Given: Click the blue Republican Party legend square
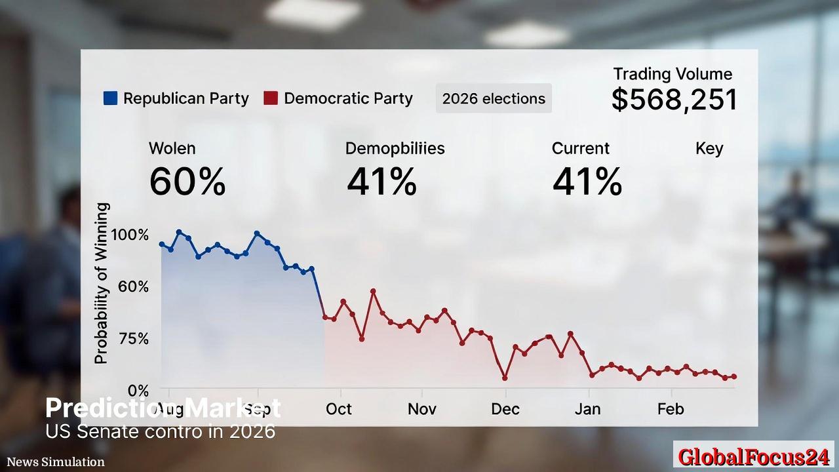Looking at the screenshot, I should click(110, 98).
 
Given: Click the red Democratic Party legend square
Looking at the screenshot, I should click(271, 98).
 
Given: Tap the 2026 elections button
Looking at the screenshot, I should click(494, 98).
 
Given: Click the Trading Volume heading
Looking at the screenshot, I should click(673, 74).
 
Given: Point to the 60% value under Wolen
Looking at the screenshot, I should click(187, 182).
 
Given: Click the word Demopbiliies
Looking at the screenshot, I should click(395, 148).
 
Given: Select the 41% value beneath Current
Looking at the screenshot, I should click(587, 182).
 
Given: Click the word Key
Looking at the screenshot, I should click(709, 148).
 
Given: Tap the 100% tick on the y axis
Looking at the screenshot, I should click(130, 235).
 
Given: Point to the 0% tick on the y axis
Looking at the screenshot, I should click(138, 391).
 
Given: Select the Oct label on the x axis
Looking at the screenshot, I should click(339, 409).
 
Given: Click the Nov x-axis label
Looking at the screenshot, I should click(422, 409).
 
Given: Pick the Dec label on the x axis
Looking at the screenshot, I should click(505, 409).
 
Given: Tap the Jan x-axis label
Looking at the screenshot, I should click(588, 409).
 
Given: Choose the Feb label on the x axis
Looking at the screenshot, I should click(671, 409).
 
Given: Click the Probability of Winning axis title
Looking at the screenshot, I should click(101, 283).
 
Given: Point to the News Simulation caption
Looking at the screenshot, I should click(56, 462).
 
